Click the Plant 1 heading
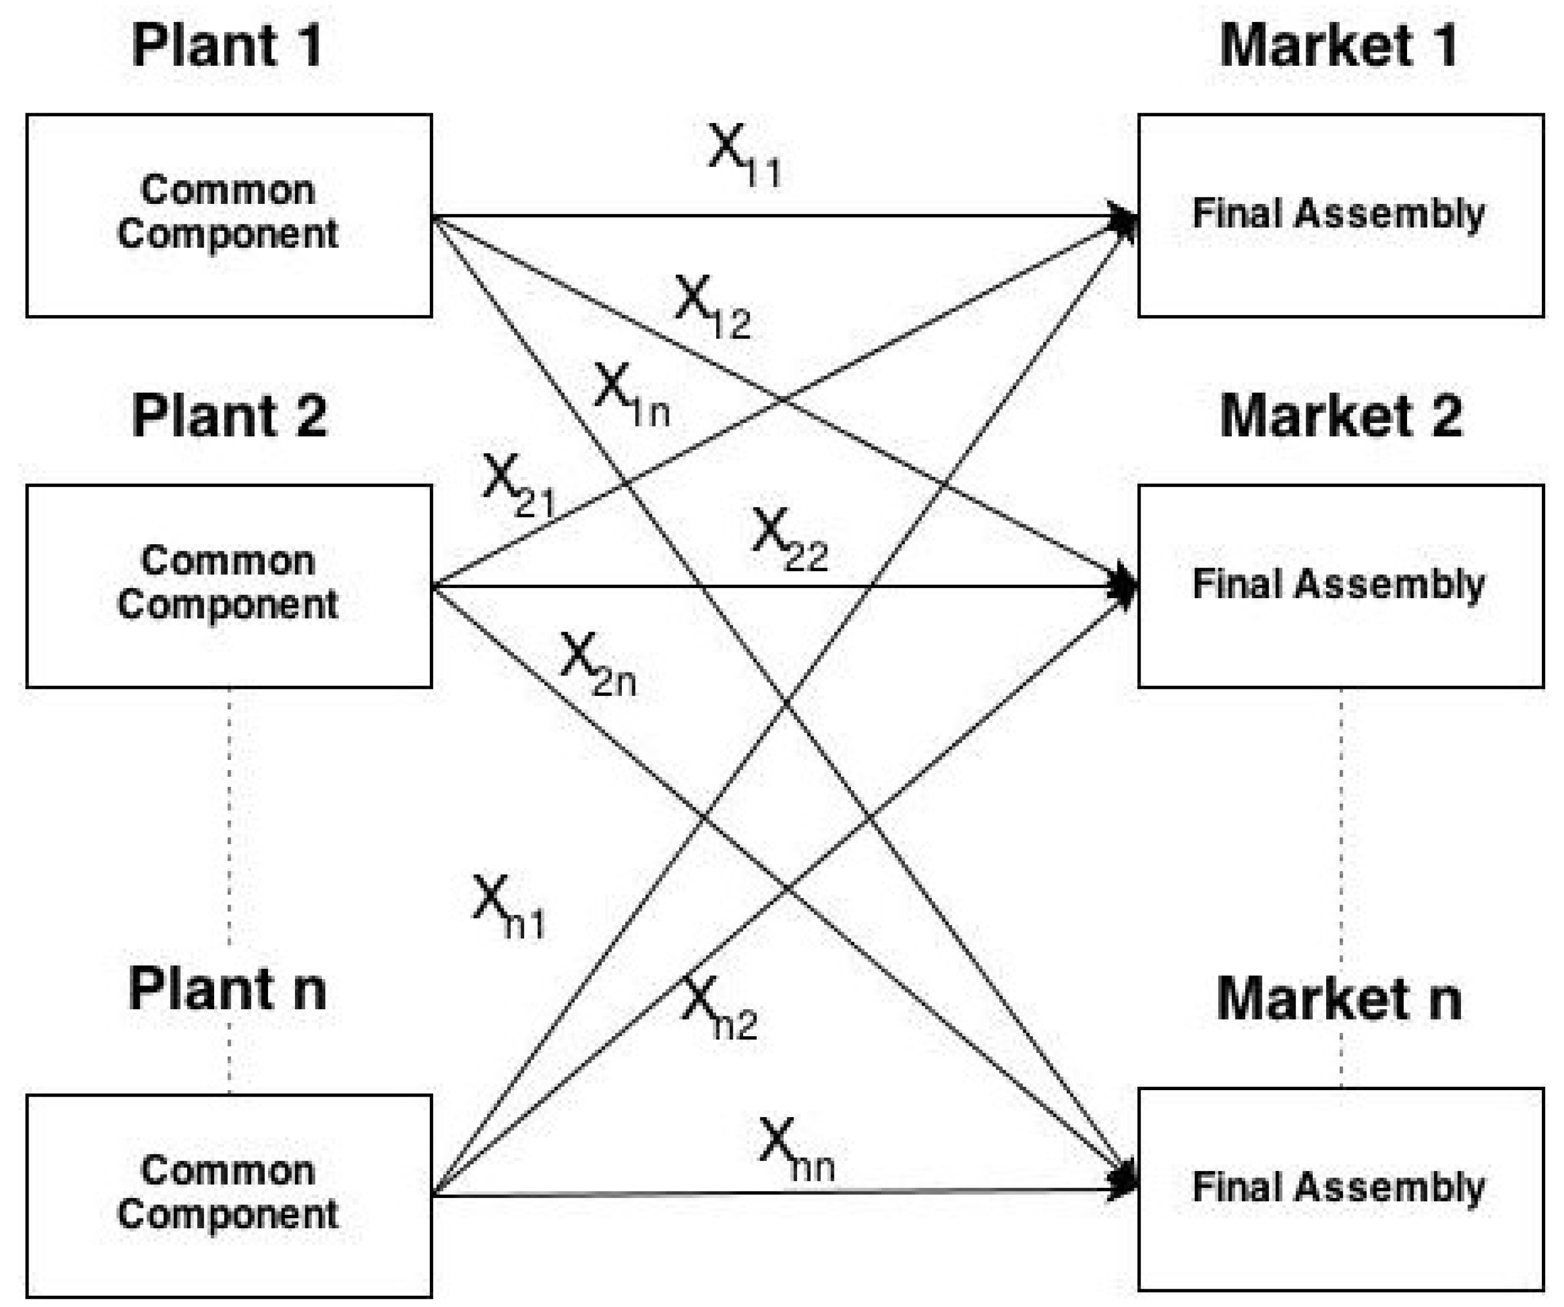coord(227,46)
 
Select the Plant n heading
coord(227,990)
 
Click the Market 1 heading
coord(1339,46)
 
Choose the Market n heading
coord(1339,998)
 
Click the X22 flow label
coord(790,539)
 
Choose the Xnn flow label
coord(796,1150)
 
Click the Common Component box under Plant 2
coord(229,586)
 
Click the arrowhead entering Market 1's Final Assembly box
coord(1124,218)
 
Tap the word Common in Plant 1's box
coord(227,190)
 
